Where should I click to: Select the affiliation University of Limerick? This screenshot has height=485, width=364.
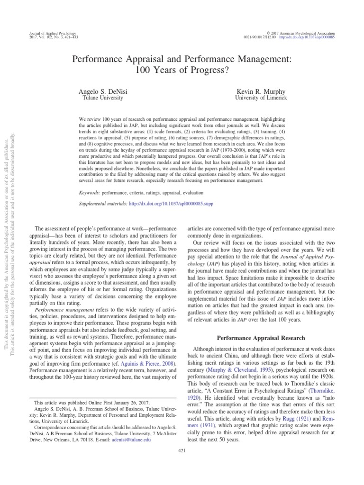[x=261, y=98]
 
